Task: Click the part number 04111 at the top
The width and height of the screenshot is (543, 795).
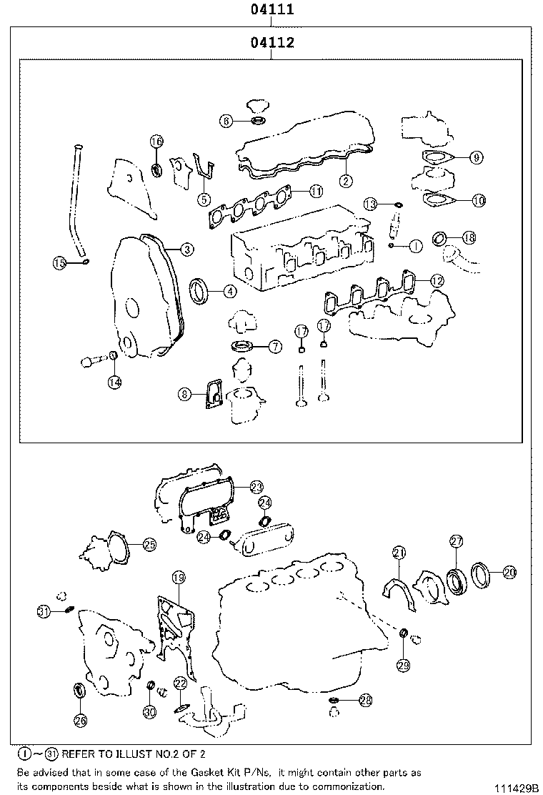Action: click(272, 10)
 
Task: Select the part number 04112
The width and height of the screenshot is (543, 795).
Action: click(272, 44)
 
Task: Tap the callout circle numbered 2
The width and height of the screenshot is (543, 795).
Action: click(345, 182)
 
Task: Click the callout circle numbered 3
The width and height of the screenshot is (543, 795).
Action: click(186, 250)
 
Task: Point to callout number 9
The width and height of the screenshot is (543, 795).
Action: click(477, 157)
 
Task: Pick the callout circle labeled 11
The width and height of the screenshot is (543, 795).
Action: click(316, 191)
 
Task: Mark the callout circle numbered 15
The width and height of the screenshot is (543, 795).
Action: click(61, 264)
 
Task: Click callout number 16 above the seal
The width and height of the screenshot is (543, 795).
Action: click(156, 142)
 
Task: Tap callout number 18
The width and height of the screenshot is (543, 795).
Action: click(469, 237)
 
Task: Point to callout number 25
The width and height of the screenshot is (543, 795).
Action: click(149, 545)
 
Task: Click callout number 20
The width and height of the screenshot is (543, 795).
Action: click(509, 571)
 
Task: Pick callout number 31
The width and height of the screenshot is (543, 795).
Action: click(44, 611)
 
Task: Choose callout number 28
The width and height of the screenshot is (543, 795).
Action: click(365, 701)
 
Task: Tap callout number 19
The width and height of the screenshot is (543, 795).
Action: click(178, 577)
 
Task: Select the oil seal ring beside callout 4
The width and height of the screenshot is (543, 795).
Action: click(200, 290)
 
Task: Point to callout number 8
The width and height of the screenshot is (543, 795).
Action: click(185, 393)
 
